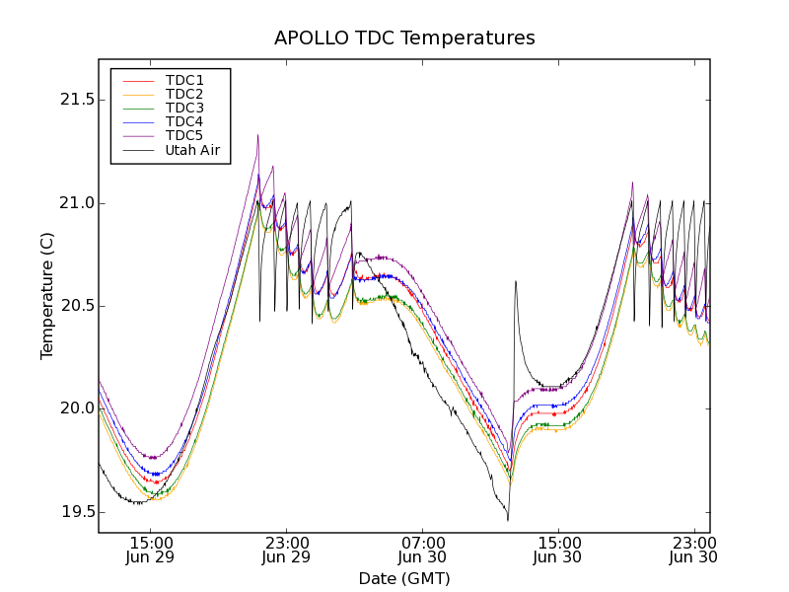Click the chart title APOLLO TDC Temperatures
click(404, 38)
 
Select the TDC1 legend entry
click(184, 80)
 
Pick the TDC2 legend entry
click(184, 94)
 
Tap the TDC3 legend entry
click(184, 108)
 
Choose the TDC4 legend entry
click(184, 121)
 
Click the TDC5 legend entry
click(184, 135)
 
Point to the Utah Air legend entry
click(192, 151)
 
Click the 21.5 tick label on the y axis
click(77, 100)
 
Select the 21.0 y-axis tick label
click(77, 203)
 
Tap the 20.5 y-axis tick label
click(77, 306)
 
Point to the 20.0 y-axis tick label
click(77, 408)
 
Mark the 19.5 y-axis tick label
click(77, 512)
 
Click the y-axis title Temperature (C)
click(47, 296)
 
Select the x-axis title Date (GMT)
click(404, 578)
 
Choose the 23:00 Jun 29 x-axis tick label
click(287, 550)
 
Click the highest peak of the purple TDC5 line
click(257, 135)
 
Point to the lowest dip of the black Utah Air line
click(507, 520)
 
